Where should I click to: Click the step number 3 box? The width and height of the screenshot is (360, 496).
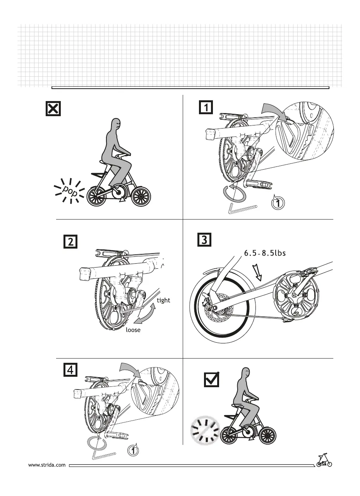pyautogui.click(x=204, y=240)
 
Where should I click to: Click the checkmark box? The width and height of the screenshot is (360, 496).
pyautogui.click(x=211, y=379)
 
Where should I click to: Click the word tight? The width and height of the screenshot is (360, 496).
pyautogui.click(x=163, y=300)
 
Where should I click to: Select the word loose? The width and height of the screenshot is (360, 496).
pyautogui.click(x=133, y=330)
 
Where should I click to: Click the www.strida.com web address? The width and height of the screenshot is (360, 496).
pyautogui.click(x=47, y=465)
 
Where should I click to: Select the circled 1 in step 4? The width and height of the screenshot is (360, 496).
pyautogui.click(x=133, y=451)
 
